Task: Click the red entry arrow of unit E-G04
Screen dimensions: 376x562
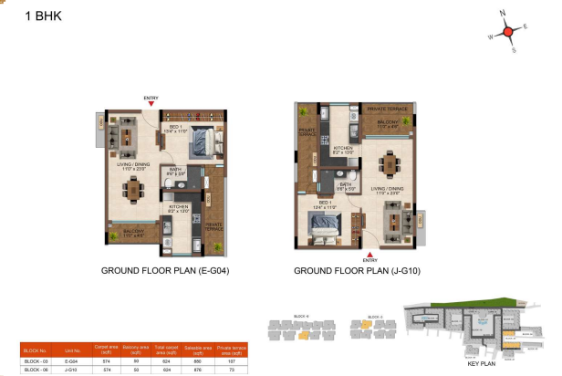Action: pyautogui.click(x=151, y=104)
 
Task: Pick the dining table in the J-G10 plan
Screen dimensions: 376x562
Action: pyautogui.click(x=390, y=163)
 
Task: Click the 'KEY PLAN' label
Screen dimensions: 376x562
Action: pyautogui.click(x=481, y=363)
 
